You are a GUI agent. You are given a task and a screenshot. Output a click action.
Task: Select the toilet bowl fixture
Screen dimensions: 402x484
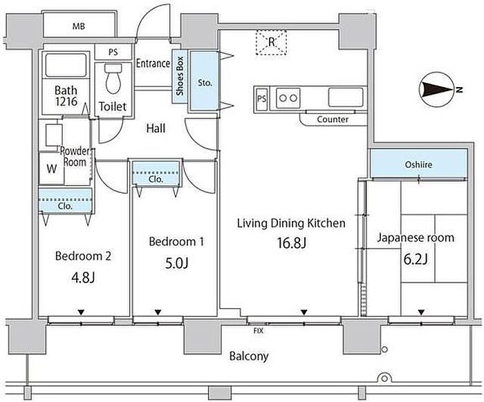tap(113, 80)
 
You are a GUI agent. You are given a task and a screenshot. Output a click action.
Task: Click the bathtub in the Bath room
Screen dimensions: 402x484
tap(66, 66)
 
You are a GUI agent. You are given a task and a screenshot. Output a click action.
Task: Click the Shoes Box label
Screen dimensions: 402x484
tap(180, 77)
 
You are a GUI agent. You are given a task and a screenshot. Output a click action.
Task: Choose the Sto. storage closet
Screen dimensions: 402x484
tap(205, 82)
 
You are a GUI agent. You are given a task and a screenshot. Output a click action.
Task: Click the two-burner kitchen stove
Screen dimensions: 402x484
tap(288, 98)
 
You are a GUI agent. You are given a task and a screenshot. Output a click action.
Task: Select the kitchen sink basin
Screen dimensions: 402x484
tap(345, 96)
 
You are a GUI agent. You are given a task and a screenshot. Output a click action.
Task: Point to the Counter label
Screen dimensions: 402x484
tap(333, 119)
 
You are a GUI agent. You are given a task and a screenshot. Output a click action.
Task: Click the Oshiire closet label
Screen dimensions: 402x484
tap(418, 165)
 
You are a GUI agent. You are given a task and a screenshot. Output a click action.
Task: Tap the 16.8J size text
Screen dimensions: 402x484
tap(291, 243)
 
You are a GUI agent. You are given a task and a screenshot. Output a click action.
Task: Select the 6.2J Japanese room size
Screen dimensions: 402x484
tap(415, 259)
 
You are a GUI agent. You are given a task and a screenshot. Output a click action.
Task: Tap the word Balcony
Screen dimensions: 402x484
tap(249, 356)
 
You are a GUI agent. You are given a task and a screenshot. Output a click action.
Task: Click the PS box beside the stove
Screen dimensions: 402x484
tap(261, 98)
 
